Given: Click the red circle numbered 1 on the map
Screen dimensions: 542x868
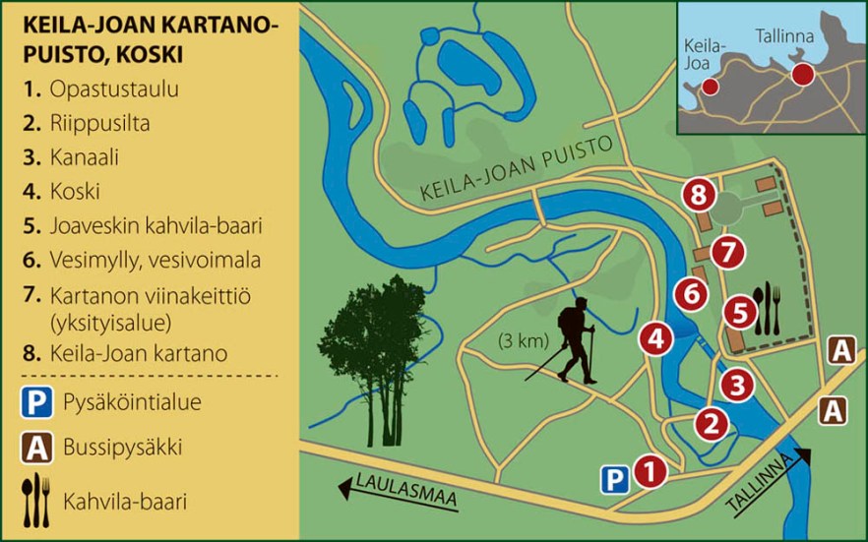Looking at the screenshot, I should click(649, 471).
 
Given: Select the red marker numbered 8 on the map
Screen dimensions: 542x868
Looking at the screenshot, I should click(699, 195).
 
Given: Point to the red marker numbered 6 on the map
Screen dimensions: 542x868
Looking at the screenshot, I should click(692, 293).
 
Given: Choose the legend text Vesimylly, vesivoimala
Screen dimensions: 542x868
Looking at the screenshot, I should click(148, 261).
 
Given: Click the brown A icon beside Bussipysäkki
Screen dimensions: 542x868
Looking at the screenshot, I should click(36, 449).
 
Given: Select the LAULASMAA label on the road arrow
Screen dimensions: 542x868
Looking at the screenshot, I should click(408, 492).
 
